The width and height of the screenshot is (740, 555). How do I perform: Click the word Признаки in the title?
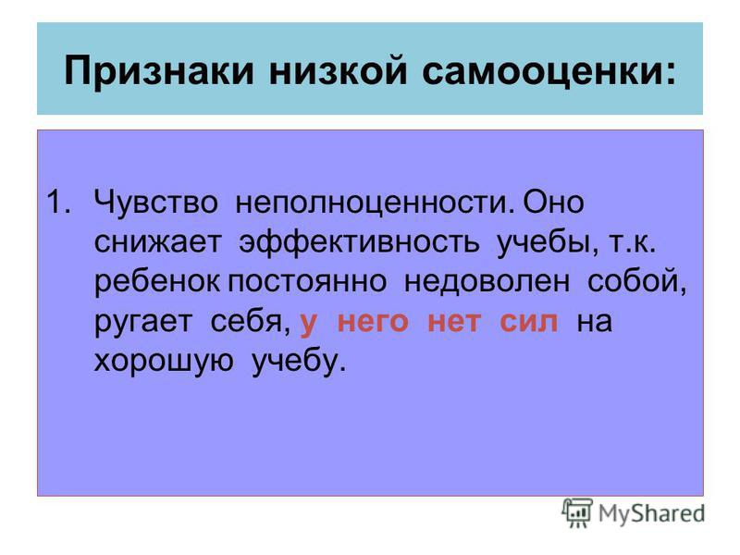pyautogui.click(x=159, y=71)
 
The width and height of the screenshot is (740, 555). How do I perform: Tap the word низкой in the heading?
pyautogui.click(x=338, y=70)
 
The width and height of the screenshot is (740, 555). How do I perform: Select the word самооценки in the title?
pyautogui.click(x=549, y=71)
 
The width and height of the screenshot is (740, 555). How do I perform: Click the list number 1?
pyautogui.click(x=59, y=202)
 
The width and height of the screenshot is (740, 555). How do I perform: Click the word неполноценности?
pyautogui.click(x=375, y=203)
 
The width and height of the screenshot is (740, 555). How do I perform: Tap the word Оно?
pyautogui.click(x=553, y=202)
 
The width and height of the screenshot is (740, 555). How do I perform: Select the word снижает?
pyautogui.click(x=157, y=241)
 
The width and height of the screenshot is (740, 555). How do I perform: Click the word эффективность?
pyautogui.click(x=359, y=243)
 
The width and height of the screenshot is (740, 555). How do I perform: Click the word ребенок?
pyautogui.click(x=157, y=283)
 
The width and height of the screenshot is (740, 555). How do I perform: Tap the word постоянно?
pyautogui.click(x=308, y=282)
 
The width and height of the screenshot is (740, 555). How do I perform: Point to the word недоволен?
pyautogui.click(x=487, y=282)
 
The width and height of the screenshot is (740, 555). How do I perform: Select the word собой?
pyautogui.click(x=636, y=282)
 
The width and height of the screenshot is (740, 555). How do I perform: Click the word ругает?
pyautogui.click(x=143, y=323)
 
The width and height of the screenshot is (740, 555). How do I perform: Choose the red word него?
pyautogui.click(x=373, y=322)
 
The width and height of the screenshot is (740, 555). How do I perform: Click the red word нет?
pyautogui.click(x=454, y=322)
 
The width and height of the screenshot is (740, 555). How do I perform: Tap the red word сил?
pyautogui.click(x=528, y=322)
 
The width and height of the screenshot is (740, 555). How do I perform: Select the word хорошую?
pyautogui.click(x=164, y=363)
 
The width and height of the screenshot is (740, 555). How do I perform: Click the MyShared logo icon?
pyautogui.click(x=576, y=513)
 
